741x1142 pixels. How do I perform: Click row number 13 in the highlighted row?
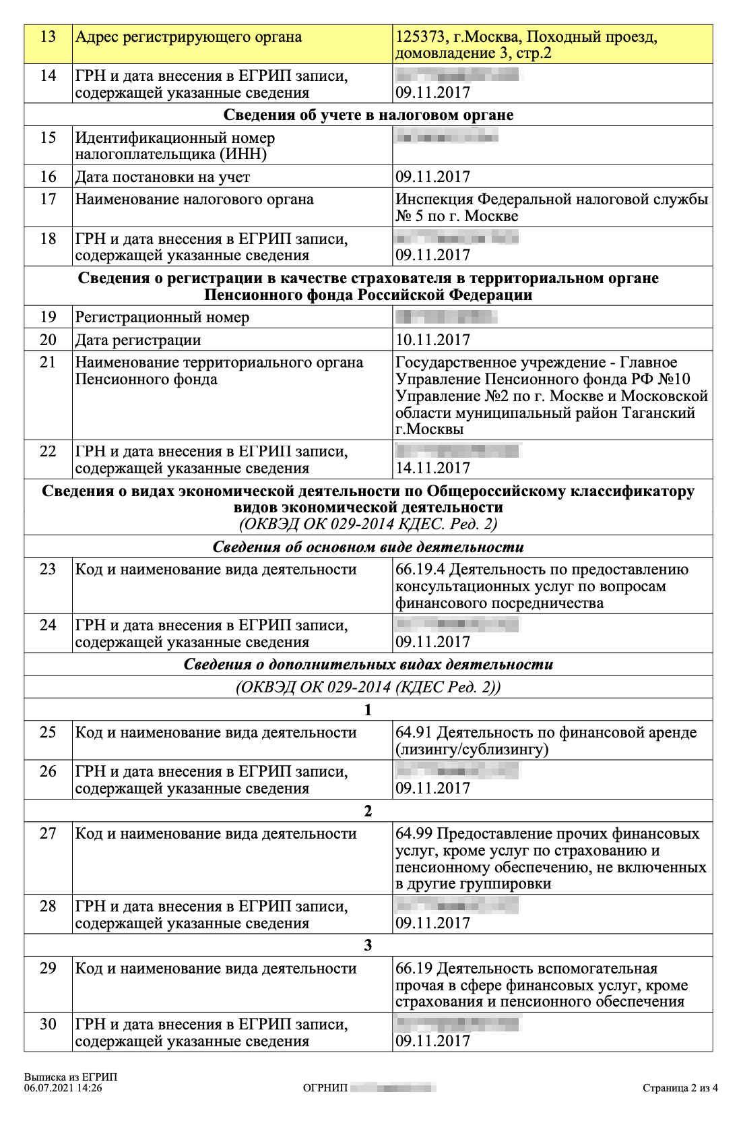pyautogui.click(x=48, y=36)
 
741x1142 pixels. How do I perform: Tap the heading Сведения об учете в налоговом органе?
pyautogui.click(x=368, y=115)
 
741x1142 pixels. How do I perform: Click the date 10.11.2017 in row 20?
pyautogui.click(x=432, y=340)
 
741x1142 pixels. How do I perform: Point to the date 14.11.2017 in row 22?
pyautogui.click(x=432, y=468)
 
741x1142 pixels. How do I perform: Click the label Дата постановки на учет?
pyautogui.click(x=162, y=177)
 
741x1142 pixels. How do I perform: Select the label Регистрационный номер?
pyautogui.click(x=162, y=317)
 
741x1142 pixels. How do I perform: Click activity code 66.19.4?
pyautogui.click(x=420, y=570)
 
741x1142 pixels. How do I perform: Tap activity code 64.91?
pyautogui.click(x=414, y=733)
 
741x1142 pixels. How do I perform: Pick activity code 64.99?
pyautogui.click(x=414, y=834)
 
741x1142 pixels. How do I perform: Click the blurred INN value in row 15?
pyautogui.click(x=447, y=138)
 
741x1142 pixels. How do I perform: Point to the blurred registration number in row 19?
pyautogui.click(x=446, y=317)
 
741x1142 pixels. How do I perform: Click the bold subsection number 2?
pyautogui.click(x=368, y=811)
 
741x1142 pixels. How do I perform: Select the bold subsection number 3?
pyautogui.click(x=368, y=945)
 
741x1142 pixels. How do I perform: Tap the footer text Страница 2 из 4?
pyautogui.click(x=680, y=1087)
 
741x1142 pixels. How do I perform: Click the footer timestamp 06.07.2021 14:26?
pyautogui.click(x=63, y=1087)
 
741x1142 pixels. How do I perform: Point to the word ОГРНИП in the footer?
pyautogui.click(x=325, y=1087)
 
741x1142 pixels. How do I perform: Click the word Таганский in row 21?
pyautogui.click(x=657, y=413)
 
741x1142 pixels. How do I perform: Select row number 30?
pyautogui.click(x=48, y=1024)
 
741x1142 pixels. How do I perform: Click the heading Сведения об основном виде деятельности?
pyautogui.click(x=368, y=547)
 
